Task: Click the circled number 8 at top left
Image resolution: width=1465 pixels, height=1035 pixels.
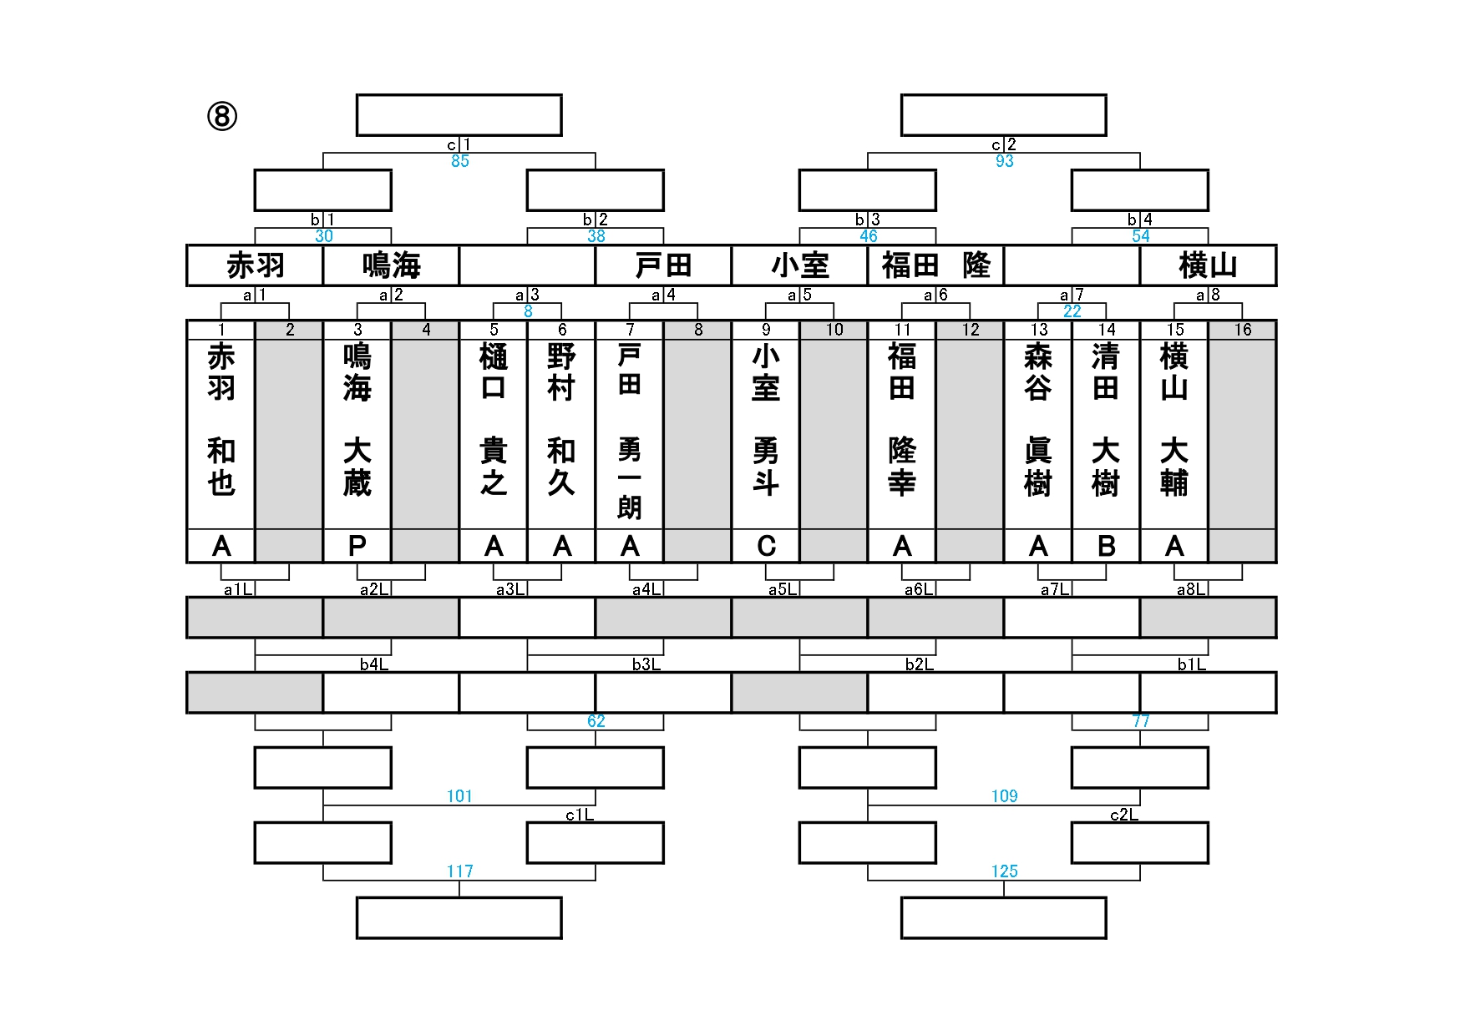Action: (x=222, y=116)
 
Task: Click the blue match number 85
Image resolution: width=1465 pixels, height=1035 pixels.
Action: (x=460, y=161)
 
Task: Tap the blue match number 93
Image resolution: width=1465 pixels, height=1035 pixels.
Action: (x=1004, y=161)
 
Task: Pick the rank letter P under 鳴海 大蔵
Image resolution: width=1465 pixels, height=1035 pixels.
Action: (x=357, y=546)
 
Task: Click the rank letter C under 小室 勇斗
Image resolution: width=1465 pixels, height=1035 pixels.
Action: (x=766, y=546)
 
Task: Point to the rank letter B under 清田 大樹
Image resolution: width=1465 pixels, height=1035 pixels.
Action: (x=1106, y=546)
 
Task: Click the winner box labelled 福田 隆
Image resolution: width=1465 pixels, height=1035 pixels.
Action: (x=935, y=265)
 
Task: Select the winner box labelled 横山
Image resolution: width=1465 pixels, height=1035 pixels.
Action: (x=1208, y=265)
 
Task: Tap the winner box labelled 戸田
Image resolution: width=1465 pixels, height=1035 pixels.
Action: (x=663, y=265)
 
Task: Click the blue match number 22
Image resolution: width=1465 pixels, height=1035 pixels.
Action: (x=1072, y=311)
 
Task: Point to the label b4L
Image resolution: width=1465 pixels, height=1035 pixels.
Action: (x=373, y=664)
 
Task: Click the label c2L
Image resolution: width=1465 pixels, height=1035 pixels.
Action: (x=1123, y=815)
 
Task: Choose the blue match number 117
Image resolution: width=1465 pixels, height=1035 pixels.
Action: (x=460, y=871)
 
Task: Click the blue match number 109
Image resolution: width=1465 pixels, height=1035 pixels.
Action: (x=1004, y=796)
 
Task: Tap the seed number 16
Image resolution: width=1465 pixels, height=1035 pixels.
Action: (x=1242, y=330)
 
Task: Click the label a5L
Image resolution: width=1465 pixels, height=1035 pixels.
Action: (x=782, y=589)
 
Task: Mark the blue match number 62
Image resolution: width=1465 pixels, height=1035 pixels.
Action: (x=596, y=721)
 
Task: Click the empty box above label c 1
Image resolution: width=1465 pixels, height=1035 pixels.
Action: (x=459, y=115)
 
